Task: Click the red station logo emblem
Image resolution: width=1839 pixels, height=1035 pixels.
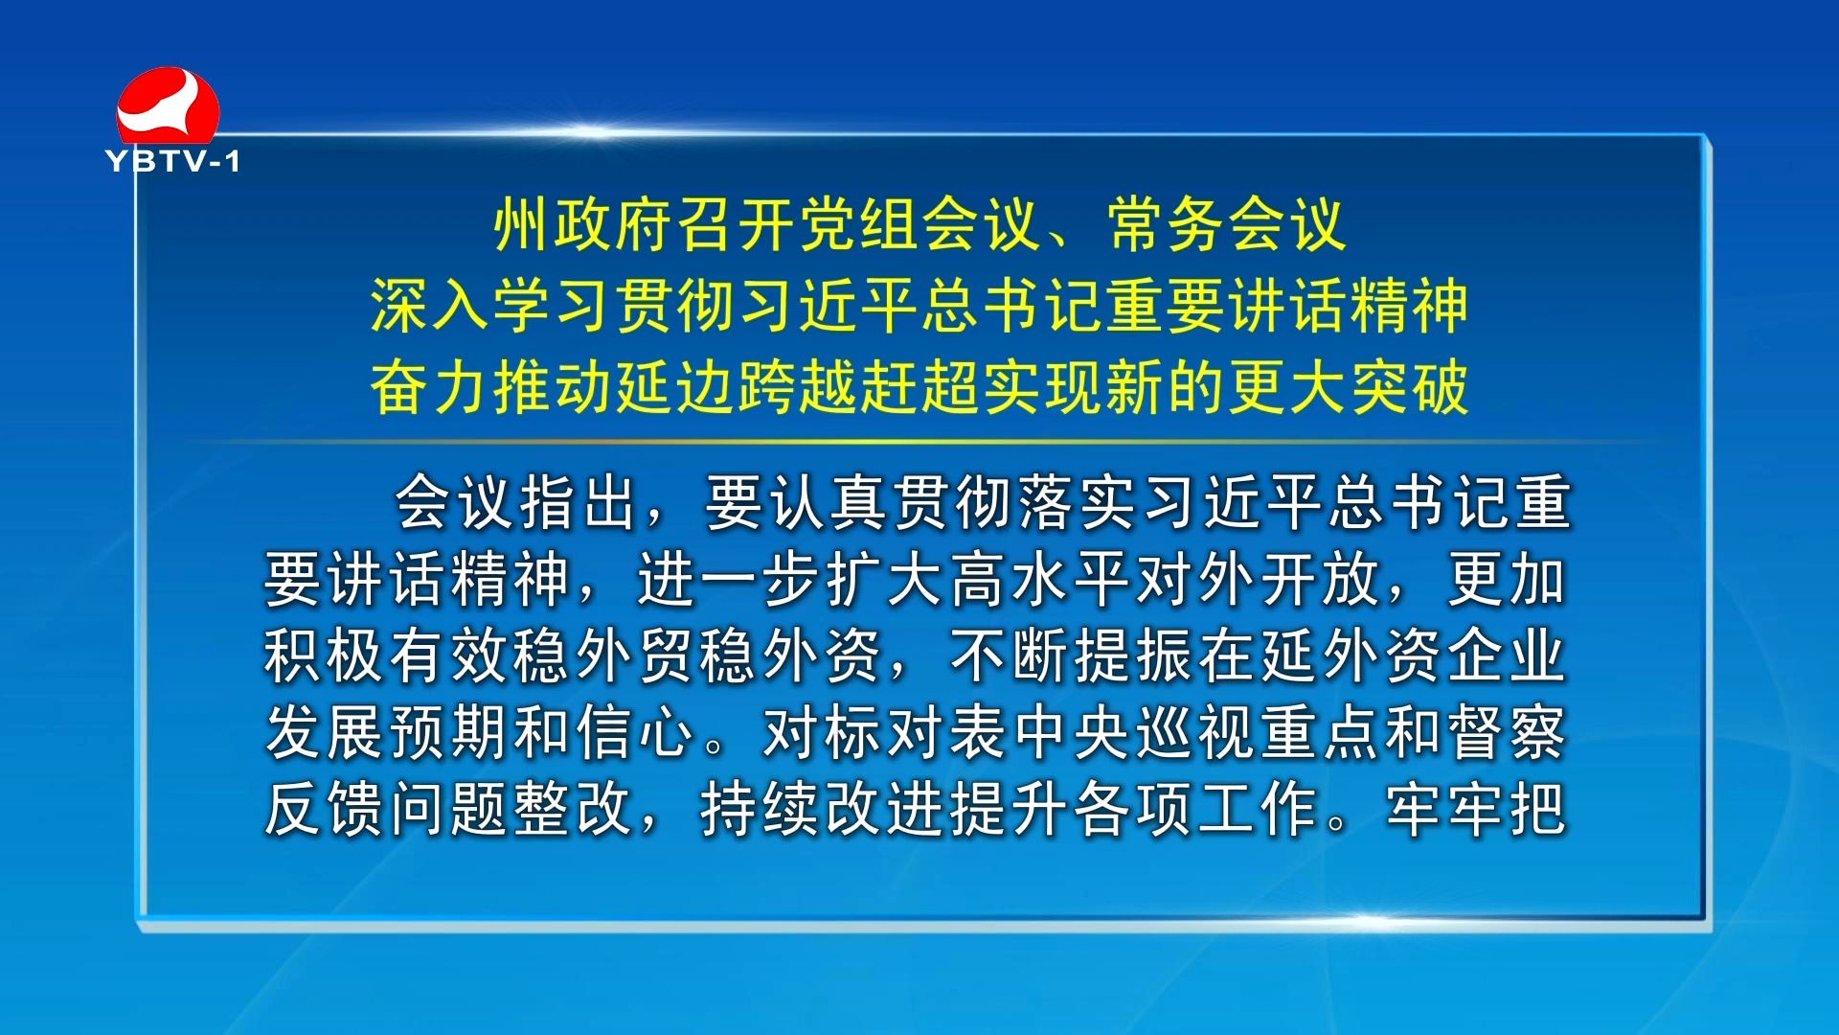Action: pyautogui.click(x=168, y=105)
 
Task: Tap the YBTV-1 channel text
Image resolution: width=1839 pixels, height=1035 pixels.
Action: pyautogui.click(x=173, y=161)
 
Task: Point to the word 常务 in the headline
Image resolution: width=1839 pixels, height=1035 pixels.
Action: pyautogui.click(x=1168, y=226)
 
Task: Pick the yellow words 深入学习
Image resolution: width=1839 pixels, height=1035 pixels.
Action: pyautogui.click(x=492, y=307)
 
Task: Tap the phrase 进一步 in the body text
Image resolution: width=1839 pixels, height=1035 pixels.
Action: pyautogui.click(x=731, y=579)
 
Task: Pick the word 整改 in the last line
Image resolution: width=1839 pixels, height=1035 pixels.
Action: pyautogui.click(x=575, y=809)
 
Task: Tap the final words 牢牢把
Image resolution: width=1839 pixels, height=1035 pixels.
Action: pyautogui.click(x=1476, y=809)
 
